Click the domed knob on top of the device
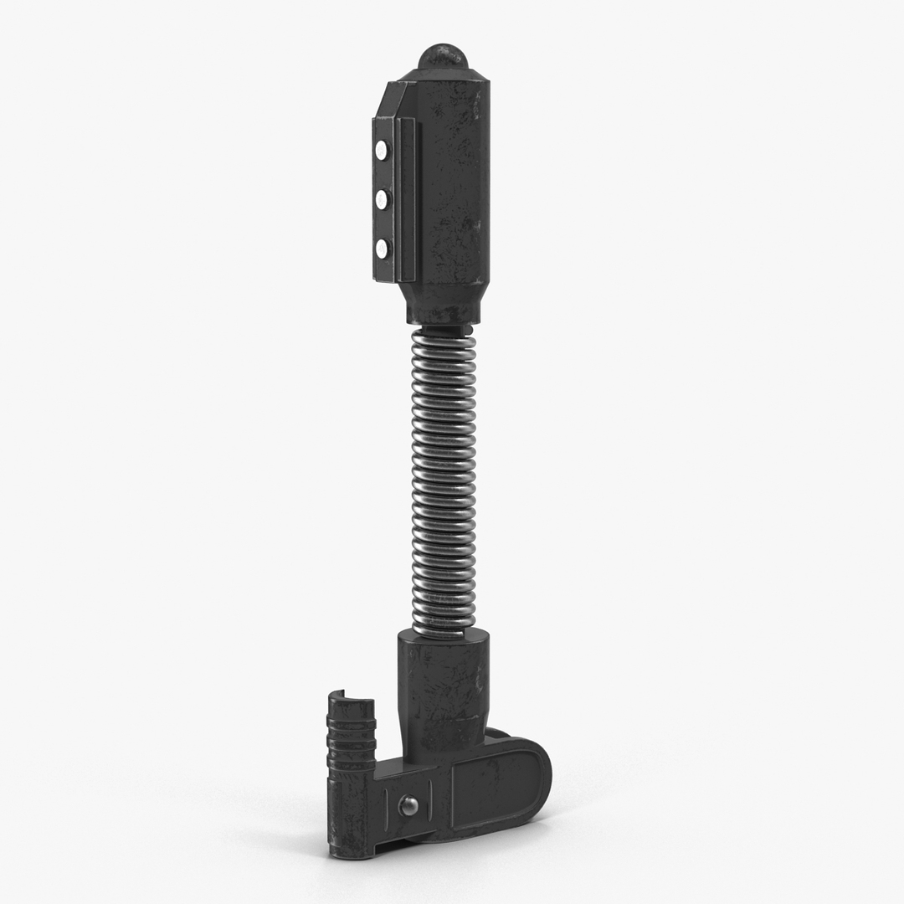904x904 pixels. [443, 58]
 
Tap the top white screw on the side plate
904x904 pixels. [382, 151]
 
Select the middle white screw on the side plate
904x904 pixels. [382, 199]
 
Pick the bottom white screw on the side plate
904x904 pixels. [382, 249]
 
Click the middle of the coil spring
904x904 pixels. [444, 477]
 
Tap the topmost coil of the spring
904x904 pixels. [444, 335]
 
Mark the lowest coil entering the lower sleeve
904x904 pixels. [444, 629]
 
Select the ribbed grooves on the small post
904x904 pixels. [351, 728]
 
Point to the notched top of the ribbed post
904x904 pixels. [347, 697]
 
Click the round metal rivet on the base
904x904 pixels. [408, 805]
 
